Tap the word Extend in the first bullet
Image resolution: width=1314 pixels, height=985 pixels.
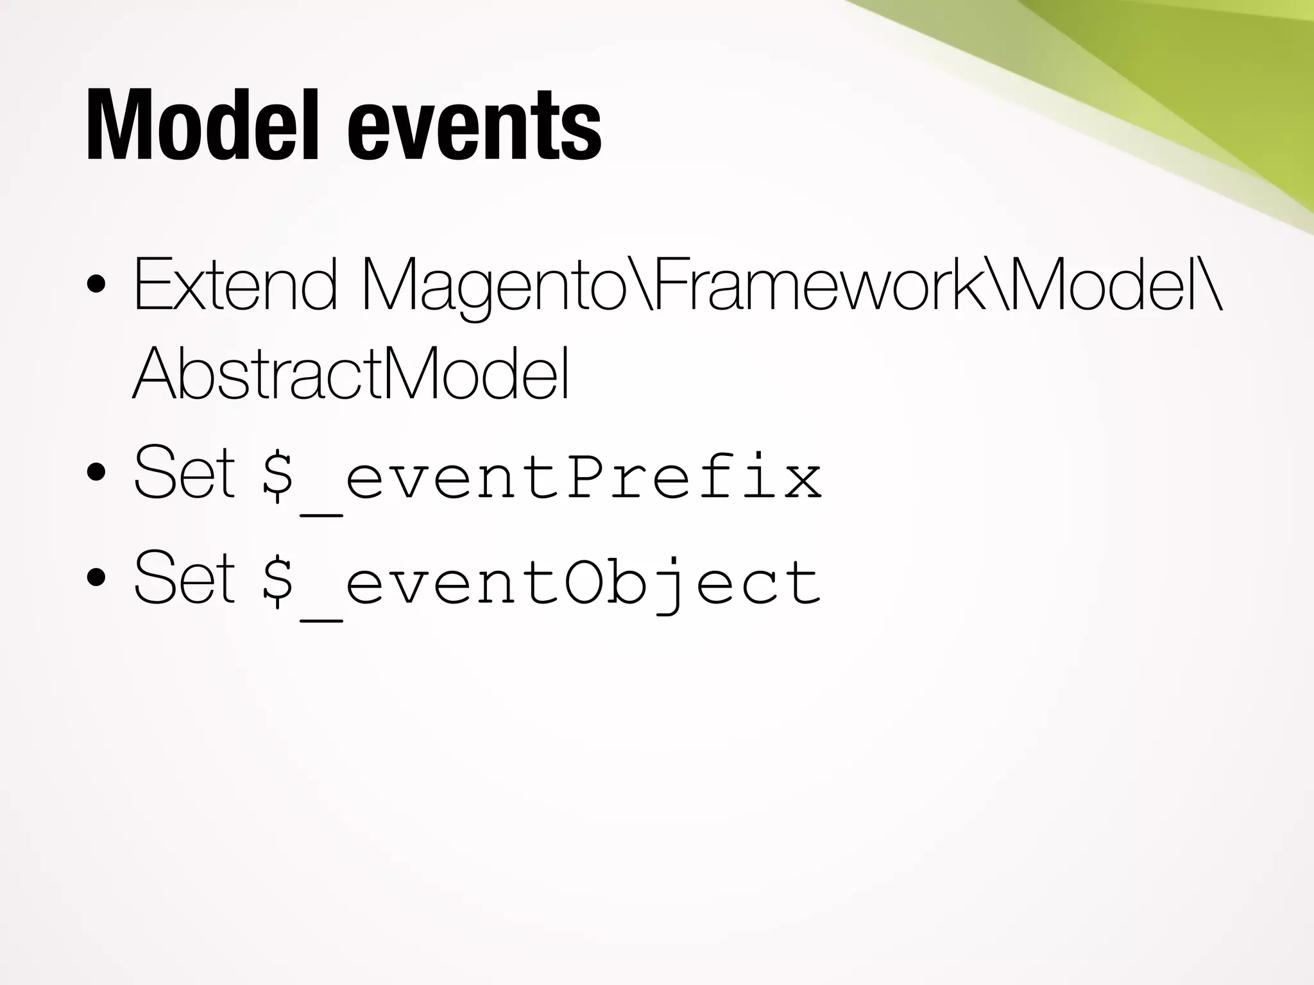point(235,284)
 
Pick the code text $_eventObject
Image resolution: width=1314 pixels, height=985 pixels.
point(542,582)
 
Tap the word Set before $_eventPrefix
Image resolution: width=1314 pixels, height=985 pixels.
point(184,473)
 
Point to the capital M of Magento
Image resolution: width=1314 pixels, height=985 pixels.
point(395,284)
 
